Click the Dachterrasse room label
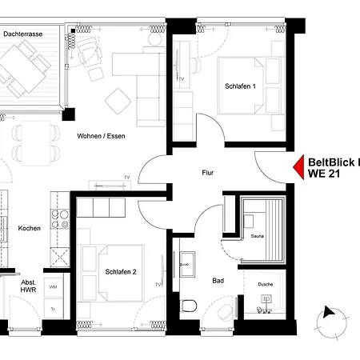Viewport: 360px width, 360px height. click(22, 35)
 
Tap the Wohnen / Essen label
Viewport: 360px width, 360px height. click(101, 136)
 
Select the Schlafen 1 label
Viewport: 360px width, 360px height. click(240, 87)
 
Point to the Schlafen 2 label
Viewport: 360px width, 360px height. click(120, 272)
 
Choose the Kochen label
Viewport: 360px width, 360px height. click(29, 229)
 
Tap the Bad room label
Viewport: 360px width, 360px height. click(218, 281)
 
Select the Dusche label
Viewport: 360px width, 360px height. click(264, 285)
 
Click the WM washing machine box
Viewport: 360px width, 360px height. click(53, 286)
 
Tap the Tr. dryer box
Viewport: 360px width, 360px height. click(53, 309)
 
